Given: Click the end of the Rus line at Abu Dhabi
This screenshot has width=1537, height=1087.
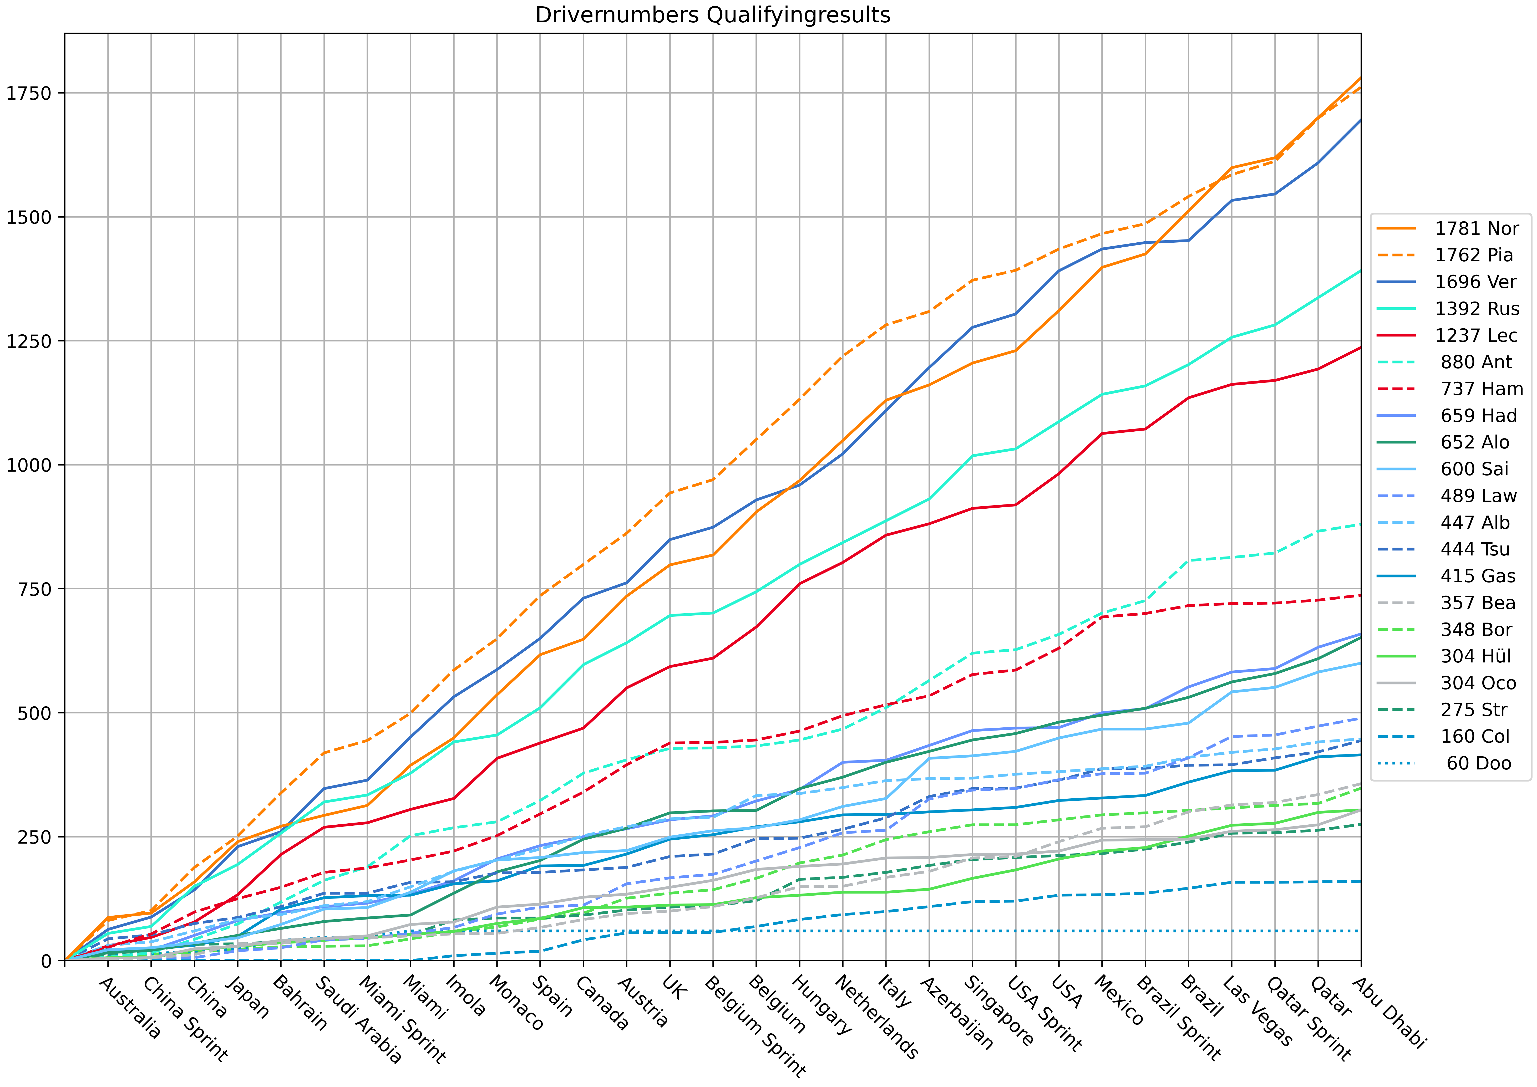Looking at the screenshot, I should point(1360,271).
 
